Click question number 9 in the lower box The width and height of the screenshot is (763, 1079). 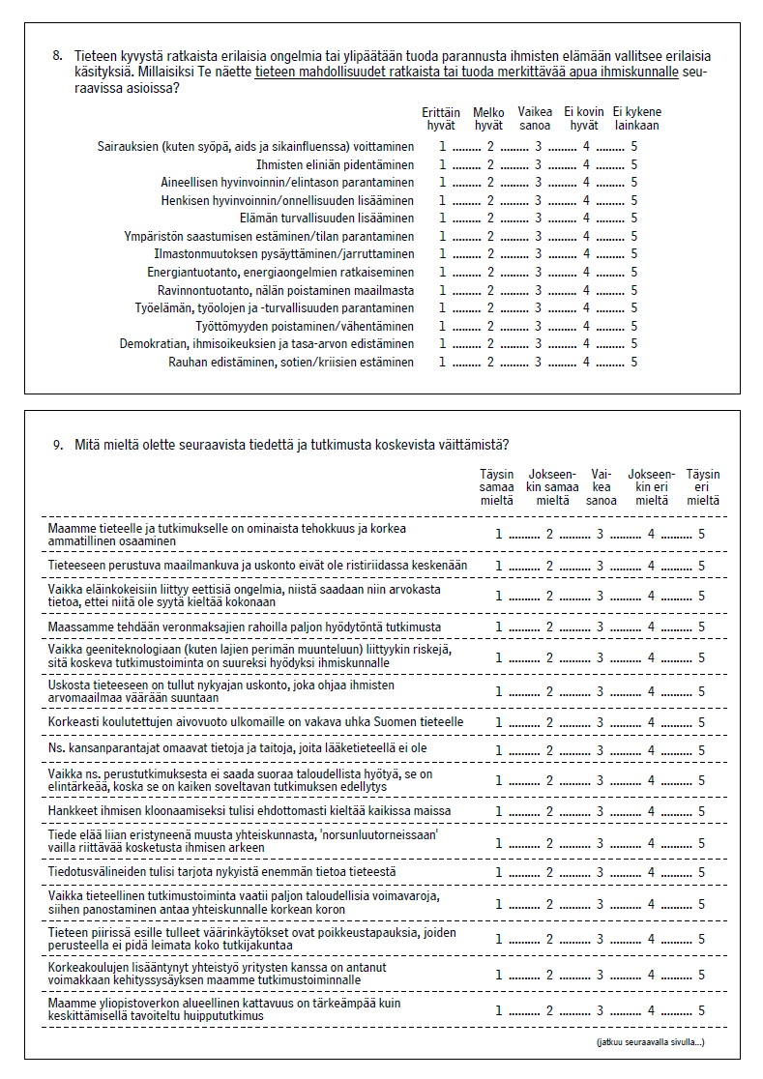click(x=57, y=445)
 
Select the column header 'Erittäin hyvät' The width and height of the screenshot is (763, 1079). click(x=441, y=119)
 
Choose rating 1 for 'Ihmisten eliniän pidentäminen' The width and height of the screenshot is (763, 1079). click(x=443, y=164)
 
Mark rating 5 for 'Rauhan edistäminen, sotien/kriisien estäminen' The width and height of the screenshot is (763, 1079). click(x=634, y=363)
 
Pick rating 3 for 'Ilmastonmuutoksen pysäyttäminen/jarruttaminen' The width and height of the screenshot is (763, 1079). click(x=539, y=254)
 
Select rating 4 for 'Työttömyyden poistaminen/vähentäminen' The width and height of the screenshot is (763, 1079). click(x=586, y=327)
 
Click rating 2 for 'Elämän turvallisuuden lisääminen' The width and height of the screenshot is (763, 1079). click(x=490, y=219)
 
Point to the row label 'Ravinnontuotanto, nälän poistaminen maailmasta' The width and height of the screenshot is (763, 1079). click(x=285, y=290)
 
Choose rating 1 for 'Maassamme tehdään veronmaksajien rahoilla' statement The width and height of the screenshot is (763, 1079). click(x=499, y=627)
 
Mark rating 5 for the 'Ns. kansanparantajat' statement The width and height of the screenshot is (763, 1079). click(x=702, y=750)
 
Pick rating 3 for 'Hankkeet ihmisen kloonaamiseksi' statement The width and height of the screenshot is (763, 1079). click(x=600, y=811)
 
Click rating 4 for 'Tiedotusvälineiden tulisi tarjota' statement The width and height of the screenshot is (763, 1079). click(x=651, y=873)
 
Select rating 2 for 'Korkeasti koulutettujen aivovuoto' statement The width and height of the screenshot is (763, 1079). click(x=549, y=722)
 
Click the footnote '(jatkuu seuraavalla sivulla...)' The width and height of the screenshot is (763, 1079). click(x=651, y=1042)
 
